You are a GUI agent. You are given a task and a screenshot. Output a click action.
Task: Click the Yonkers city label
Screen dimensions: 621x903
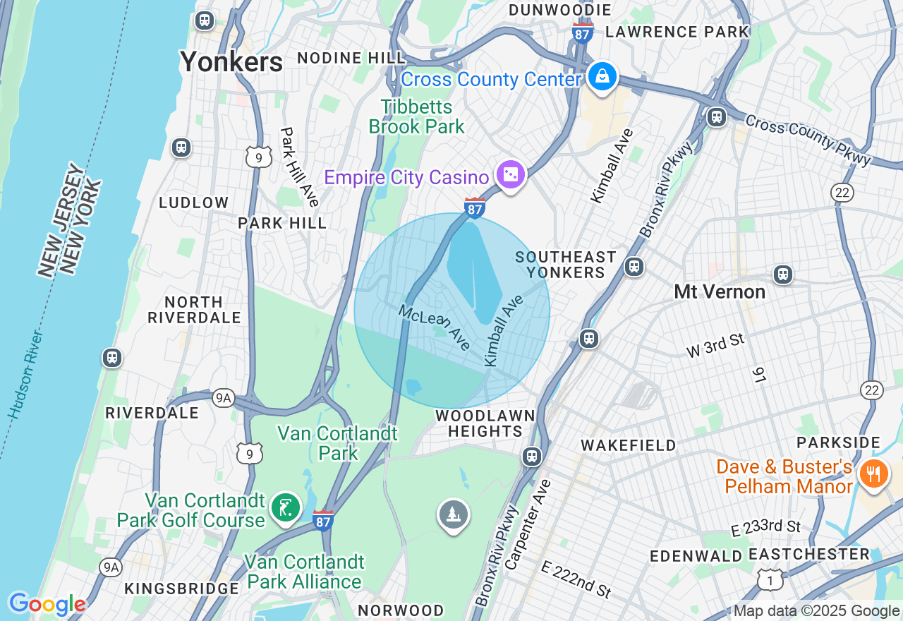click(x=231, y=62)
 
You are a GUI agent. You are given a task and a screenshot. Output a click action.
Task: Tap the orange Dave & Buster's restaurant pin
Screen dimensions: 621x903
click(x=873, y=474)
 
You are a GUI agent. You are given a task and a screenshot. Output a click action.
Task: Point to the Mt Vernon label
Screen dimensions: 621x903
click(x=719, y=291)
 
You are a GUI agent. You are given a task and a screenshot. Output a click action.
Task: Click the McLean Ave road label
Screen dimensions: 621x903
click(x=435, y=327)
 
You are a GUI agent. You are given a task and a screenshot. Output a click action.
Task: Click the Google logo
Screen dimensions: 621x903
click(x=47, y=604)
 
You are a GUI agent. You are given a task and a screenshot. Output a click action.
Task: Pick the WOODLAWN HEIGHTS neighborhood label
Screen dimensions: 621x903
click(x=485, y=423)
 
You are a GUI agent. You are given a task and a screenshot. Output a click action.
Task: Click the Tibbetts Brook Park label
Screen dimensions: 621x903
click(x=417, y=117)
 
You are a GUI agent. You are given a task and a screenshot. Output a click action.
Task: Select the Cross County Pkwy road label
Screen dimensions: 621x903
click(x=808, y=140)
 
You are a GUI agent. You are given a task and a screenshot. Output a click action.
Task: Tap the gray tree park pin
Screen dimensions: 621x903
click(x=453, y=514)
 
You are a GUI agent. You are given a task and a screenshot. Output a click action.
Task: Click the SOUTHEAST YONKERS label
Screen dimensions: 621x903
click(x=566, y=265)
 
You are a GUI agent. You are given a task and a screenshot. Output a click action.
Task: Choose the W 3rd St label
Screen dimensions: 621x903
click(x=716, y=346)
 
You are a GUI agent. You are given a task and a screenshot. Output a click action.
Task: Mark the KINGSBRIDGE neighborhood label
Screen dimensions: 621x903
click(x=182, y=589)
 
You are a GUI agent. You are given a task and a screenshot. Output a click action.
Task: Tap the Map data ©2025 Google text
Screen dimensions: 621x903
click(x=817, y=611)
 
